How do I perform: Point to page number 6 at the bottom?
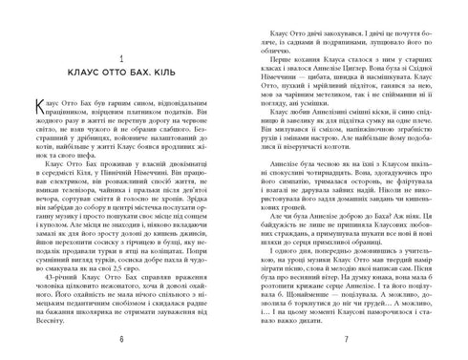[117, 342]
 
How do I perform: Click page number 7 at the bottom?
[350, 342]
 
